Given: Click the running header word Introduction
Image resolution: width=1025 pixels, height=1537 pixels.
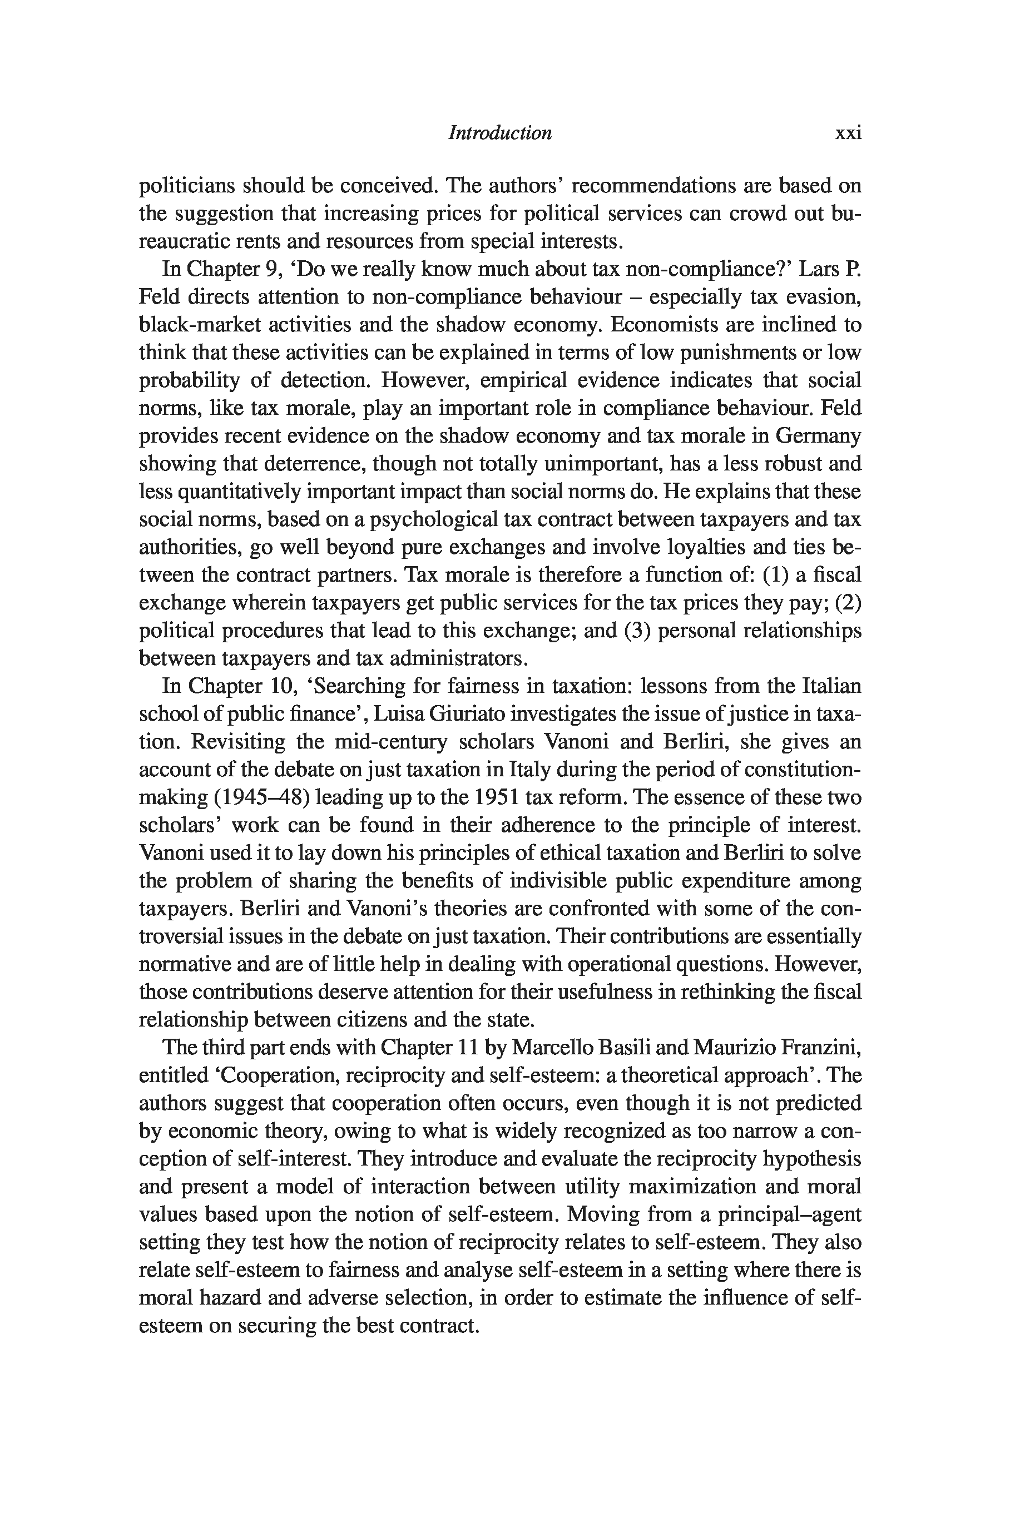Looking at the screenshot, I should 499,133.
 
